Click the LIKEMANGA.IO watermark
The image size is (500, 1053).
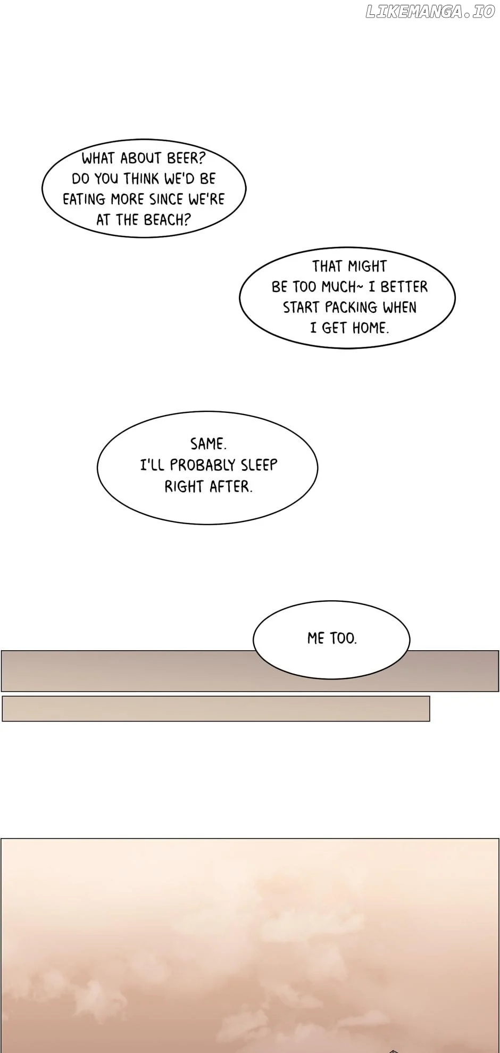[x=430, y=12]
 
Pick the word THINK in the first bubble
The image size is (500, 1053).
[x=141, y=179]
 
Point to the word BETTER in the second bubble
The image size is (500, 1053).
[x=404, y=287]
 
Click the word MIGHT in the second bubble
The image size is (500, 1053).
[x=368, y=266]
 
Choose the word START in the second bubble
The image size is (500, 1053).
[x=301, y=308]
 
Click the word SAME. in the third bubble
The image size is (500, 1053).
[x=208, y=444]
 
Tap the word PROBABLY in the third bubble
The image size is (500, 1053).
[x=203, y=465]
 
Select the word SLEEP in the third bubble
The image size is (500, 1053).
[x=259, y=465]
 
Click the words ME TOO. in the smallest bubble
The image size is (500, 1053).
[x=332, y=638]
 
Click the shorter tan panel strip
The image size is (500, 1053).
[x=216, y=709]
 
